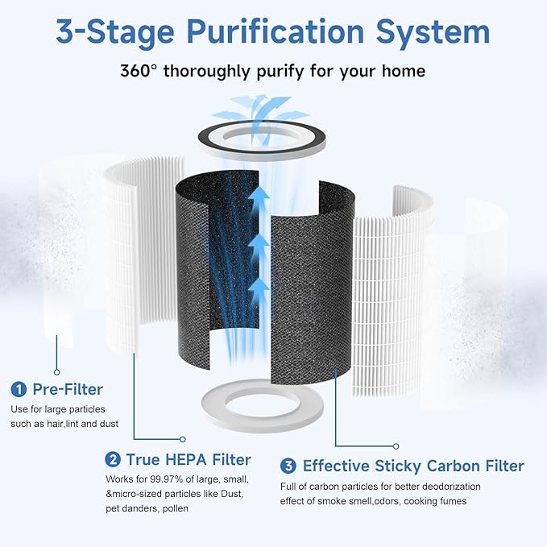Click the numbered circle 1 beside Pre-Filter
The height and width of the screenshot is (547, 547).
click(18, 390)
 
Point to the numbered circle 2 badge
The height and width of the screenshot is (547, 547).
click(114, 460)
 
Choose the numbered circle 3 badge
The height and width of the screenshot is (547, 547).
click(288, 466)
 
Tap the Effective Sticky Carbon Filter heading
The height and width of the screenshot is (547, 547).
click(413, 466)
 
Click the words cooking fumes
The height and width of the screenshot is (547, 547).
click(442, 501)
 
